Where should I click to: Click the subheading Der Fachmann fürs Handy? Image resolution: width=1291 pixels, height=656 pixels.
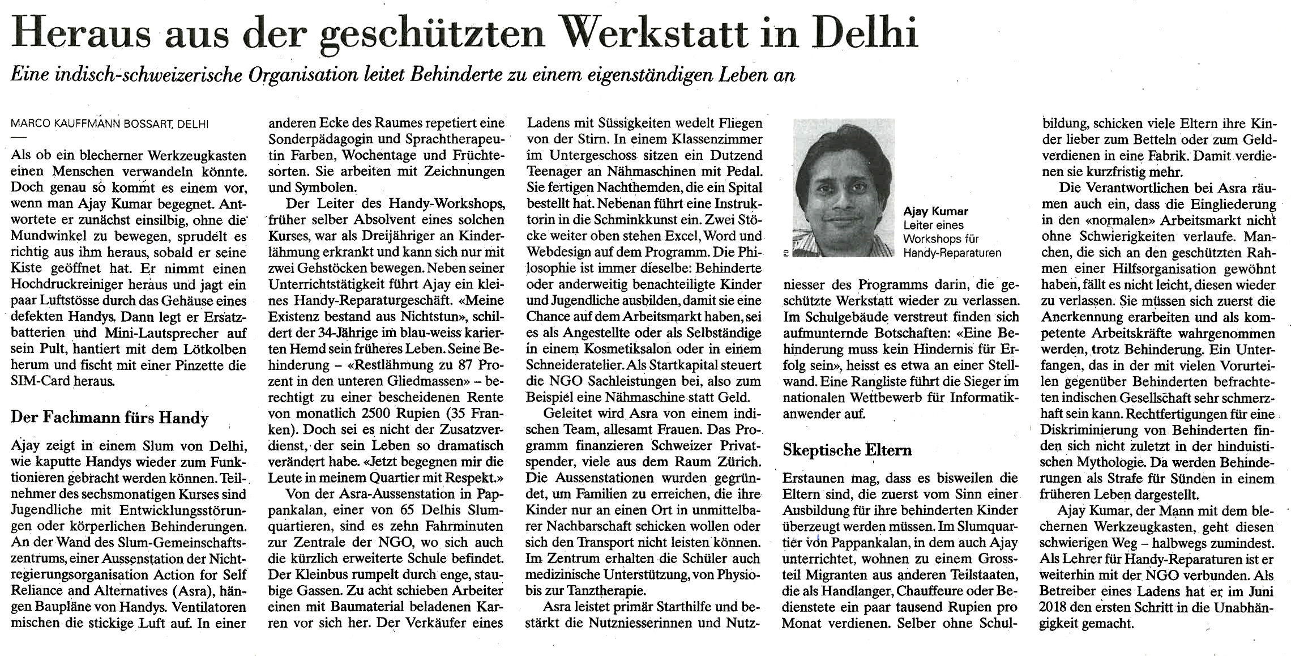click(110, 418)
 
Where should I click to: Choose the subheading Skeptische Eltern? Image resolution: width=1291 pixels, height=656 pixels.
click(847, 450)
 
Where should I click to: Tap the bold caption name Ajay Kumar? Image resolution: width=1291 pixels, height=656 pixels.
click(935, 211)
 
